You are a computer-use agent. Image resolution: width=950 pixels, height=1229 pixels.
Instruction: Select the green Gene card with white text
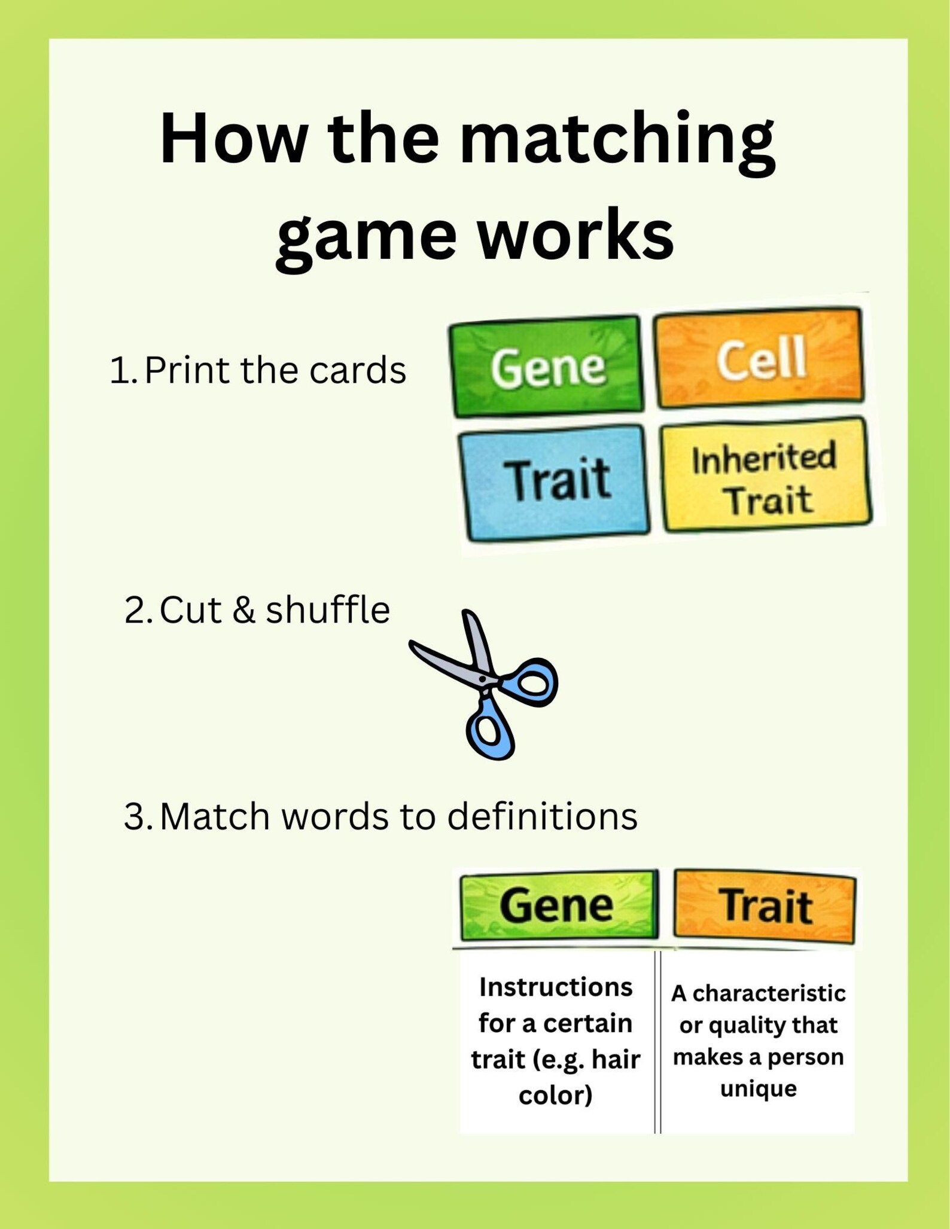tap(546, 365)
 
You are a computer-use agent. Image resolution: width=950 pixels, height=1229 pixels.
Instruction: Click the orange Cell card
tap(759, 357)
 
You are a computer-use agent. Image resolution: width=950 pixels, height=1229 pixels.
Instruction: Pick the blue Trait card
tap(554, 482)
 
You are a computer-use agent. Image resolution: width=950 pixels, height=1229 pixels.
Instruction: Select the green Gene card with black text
tap(559, 905)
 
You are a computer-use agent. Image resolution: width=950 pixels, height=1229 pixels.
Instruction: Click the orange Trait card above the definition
tap(765, 906)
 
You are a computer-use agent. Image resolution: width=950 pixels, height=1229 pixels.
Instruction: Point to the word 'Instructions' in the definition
tap(556, 987)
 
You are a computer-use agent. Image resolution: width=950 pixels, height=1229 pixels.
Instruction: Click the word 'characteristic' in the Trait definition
tap(769, 993)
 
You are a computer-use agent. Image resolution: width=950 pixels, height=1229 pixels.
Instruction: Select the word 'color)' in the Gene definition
tap(556, 1095)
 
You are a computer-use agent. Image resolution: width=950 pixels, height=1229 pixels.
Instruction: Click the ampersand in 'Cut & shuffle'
tap(243, 611)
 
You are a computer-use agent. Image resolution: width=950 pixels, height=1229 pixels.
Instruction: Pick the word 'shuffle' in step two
tap(328, 610)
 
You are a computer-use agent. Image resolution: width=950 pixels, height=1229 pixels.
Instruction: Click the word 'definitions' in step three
tap(543, 816)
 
